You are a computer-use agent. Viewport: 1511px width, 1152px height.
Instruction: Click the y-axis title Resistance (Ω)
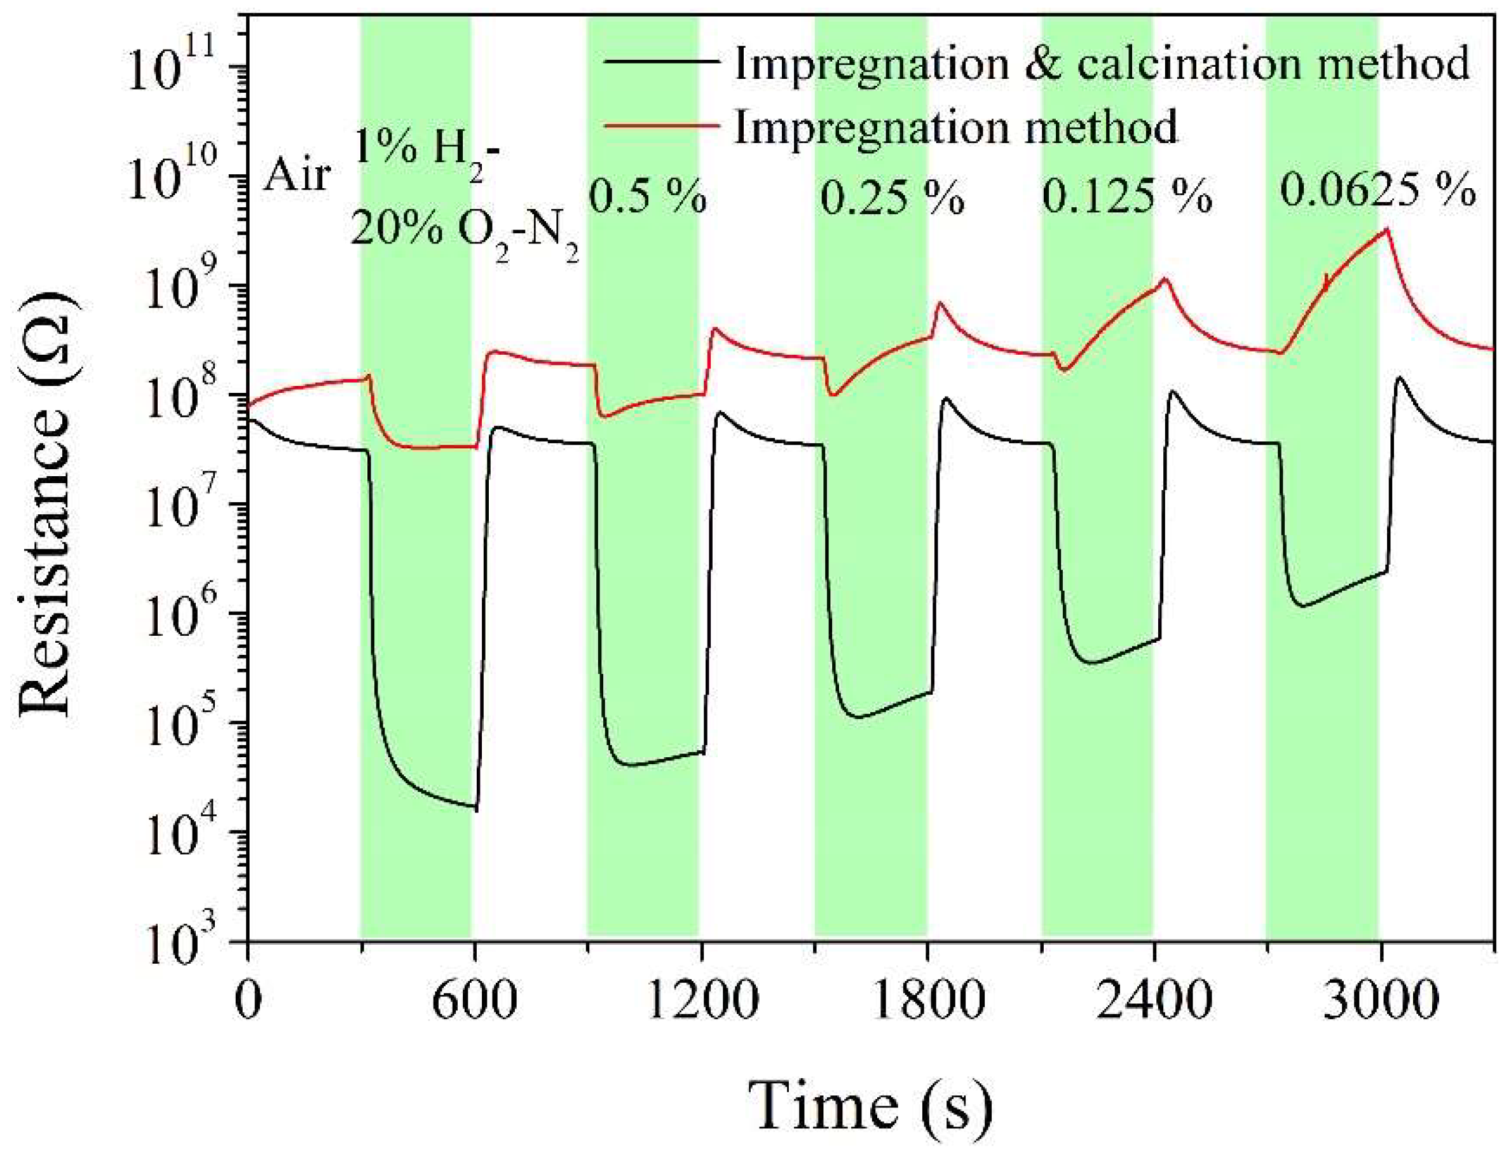(46, 504)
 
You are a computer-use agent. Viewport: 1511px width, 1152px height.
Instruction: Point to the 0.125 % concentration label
(1127, 198)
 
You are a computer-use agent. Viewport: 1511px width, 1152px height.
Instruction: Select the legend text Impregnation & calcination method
(1101, 63)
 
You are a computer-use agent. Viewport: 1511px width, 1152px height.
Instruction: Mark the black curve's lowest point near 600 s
(475, 810)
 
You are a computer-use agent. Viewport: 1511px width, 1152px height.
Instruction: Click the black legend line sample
(661, 62)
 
